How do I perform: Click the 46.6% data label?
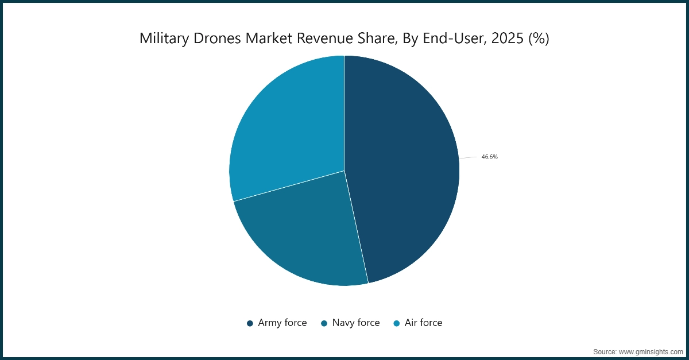tap(489, 157)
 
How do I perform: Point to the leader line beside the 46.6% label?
tap(467, 157)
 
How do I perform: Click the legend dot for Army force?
tap(250, 323)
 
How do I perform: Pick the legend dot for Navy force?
tap(324, 323)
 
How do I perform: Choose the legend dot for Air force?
tap(397, 323)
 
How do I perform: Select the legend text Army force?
tap(282, 323)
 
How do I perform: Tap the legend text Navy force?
tap(356, 323)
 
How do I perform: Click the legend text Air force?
tap(423, 323)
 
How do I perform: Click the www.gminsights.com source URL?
tap(651, 351)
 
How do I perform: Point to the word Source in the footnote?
tap(604, 351)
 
